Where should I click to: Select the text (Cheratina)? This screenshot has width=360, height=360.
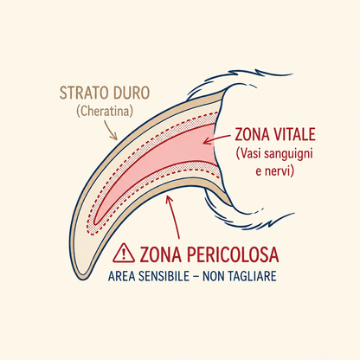[105, 111]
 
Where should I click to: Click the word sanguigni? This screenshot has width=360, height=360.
[289, 154]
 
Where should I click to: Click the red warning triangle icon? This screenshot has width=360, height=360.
[124, 253]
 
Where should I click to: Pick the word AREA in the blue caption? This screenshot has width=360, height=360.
[121, 276]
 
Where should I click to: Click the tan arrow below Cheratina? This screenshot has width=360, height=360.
[111, 130]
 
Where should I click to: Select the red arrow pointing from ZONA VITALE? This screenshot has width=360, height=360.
[216, 138]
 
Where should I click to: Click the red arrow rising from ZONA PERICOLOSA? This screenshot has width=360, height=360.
[173, 217]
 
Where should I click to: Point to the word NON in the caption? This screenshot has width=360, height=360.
[214, 276]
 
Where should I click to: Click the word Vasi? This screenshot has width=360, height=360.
[250, 154]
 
